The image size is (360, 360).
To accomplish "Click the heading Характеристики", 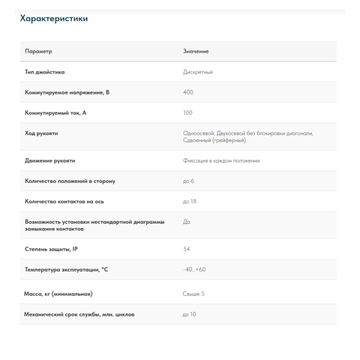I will point(54,19).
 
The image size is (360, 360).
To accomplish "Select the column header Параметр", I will point(38,52).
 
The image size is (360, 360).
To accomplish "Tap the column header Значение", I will point(196,52).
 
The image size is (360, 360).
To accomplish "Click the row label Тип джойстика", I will point(45,72).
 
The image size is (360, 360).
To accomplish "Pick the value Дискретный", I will point(198,72).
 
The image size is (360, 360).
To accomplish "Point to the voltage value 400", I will point(188,92).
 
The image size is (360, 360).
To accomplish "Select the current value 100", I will point(188,113).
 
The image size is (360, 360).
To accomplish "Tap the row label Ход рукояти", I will point(41,133).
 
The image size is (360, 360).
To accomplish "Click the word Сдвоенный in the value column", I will point(197,140).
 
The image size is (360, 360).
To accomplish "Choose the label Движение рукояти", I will point(50,161).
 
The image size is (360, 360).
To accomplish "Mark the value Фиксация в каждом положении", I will point(221,161).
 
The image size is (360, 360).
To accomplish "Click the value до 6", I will point(188,181).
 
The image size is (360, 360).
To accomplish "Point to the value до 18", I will point(190,202).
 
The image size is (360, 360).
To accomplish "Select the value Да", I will point(186,221).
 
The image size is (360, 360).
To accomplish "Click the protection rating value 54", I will point(187,249).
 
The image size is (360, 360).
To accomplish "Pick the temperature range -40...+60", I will point(194,269).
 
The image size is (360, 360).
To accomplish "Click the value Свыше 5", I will point(194,294).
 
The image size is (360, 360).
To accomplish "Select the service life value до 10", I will point(190,314).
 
